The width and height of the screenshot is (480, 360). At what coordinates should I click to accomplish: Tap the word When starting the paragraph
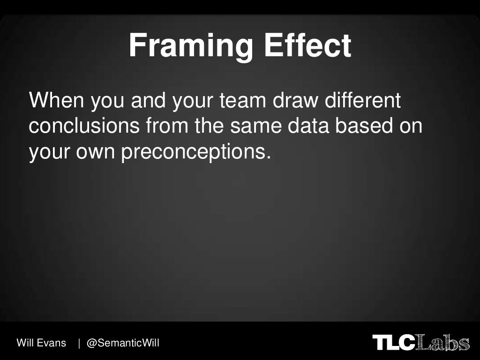pos(55,101)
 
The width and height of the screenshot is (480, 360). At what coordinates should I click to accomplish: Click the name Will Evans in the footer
pos(41,343)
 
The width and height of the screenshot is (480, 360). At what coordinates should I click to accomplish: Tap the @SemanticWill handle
pos(123,343)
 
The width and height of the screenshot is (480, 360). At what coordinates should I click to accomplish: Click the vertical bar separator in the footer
pos(79,343)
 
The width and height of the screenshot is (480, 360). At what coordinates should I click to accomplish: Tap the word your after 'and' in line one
pos(193,101)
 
